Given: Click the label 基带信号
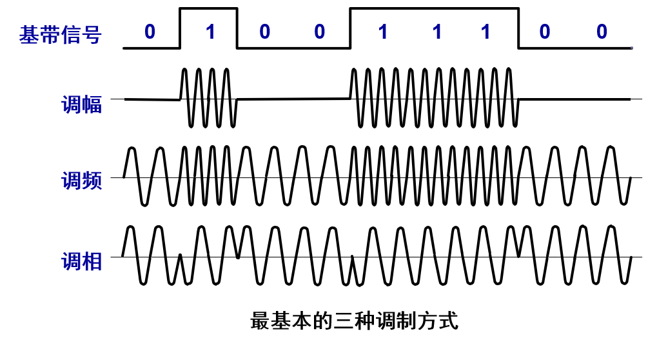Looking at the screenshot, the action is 60,34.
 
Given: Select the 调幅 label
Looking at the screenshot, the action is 81,105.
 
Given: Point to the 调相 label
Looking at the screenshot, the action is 81,261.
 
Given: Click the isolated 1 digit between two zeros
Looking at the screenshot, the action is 210,32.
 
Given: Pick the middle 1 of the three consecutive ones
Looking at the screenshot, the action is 437,32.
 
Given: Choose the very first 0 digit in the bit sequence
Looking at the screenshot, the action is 150,32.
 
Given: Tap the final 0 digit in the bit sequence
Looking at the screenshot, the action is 602,32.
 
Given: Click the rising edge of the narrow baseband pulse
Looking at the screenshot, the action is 180,28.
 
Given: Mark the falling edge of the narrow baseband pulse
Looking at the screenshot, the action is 237,28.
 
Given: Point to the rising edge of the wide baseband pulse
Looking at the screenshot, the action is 350,28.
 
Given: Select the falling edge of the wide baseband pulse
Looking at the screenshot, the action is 519,28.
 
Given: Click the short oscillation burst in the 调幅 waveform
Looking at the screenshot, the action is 208,97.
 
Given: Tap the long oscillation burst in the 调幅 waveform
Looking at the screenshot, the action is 434,97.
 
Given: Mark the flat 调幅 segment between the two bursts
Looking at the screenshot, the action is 293,99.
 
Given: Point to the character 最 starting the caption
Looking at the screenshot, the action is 260,320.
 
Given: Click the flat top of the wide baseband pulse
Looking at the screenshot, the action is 434,8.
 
